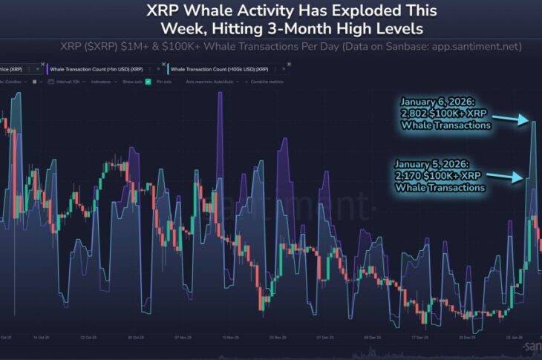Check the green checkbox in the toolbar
pos(148,81)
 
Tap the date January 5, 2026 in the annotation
pos(437,164)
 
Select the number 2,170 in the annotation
pos(414,176)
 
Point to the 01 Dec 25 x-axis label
pos(324,336)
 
